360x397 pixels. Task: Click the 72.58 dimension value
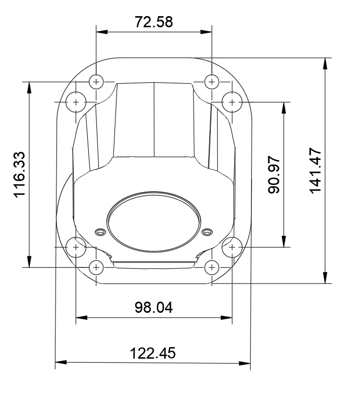tap(153, 22)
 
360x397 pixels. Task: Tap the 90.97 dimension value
tap(274, 175)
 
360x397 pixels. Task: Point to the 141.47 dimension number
tap(315, 171)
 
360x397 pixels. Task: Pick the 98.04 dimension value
tap(153, 307)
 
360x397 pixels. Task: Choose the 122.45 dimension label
tap(153, 353)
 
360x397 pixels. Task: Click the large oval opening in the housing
tap(153, 220)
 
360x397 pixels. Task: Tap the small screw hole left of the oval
tap(99, 232)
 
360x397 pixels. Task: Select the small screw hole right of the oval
tap(206, 232)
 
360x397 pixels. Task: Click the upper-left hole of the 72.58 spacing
tap(96, 81)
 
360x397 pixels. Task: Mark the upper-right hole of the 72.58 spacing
tap(211, 81)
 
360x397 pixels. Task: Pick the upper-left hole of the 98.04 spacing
tap(76, 102)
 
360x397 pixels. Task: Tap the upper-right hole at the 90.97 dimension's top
tap(232, 102)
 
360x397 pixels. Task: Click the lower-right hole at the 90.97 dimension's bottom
tap(232, 247)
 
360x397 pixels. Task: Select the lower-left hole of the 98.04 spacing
tap(76, 247)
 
